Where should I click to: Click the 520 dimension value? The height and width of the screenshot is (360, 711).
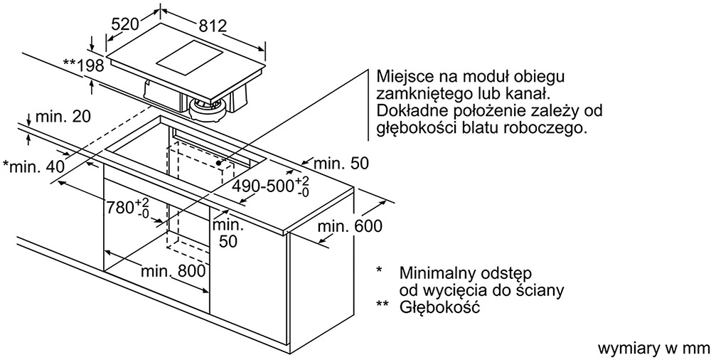tap(124, 23)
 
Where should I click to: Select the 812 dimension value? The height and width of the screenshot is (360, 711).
tap(213, 26)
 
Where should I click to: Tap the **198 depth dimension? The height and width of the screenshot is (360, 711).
tap(83, 66)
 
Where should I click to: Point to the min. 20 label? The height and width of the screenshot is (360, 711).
tap(63, 117)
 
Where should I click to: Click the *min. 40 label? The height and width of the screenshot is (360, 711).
tap(34, 166)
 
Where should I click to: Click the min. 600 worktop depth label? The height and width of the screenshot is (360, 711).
tap(350, 226)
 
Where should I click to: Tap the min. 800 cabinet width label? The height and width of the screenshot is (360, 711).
tap(173, 272)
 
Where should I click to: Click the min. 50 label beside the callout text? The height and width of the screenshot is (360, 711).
tap(341, 163)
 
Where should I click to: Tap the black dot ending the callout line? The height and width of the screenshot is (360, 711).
tap(218, 162)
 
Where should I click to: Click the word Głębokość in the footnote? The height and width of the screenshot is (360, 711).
tap(439, 307)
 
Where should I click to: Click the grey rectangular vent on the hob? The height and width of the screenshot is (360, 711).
tap(189, 59)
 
